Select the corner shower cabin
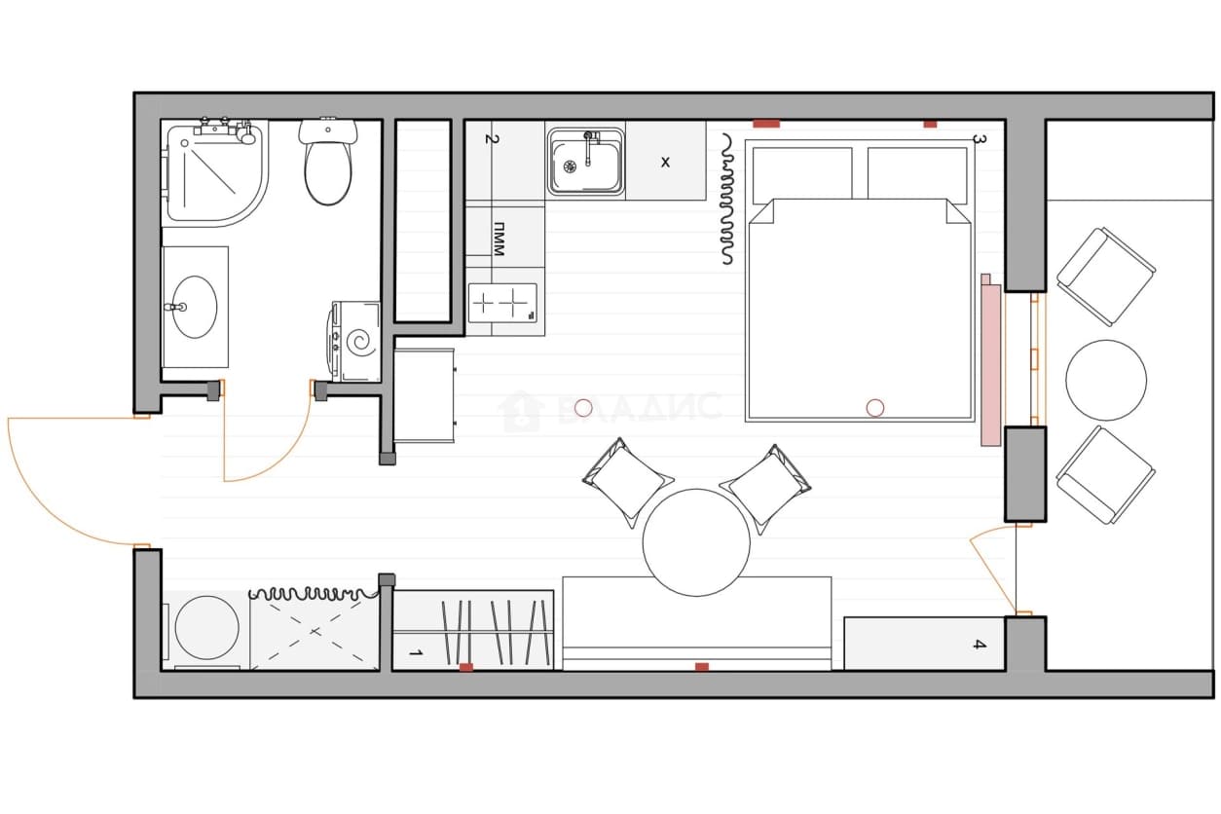217,173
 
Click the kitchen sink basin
586,162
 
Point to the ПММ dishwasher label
499,239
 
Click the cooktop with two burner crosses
502,302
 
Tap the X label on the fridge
665,162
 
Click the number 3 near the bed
980,139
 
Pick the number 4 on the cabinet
980,645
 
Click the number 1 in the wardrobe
416,652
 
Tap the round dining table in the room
696,542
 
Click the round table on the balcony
1106,380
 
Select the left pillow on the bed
802,174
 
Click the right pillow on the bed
917,174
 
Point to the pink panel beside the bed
991,360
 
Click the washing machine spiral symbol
361,343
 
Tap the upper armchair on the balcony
1106,277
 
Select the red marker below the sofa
702,667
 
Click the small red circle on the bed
875,408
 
